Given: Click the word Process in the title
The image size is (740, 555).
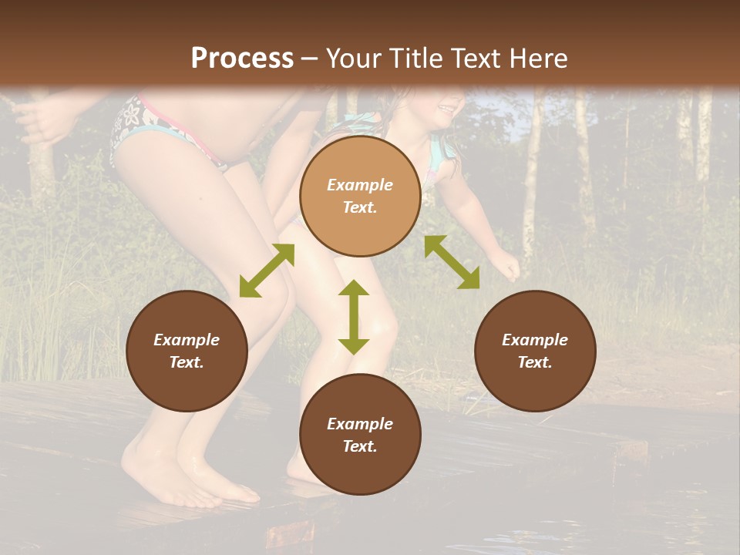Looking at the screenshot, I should pyautogui.click(x=242, y=59).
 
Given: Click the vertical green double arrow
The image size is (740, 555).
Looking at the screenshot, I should pyautogui.click(x=354, y=317).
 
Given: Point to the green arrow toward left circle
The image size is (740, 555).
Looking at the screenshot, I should pyautogui.click(x=267, y=271).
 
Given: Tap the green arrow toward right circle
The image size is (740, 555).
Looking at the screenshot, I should pyautogui.click(x=452, y=262).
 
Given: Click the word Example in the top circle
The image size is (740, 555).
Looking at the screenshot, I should pyautogui.click(x=360, y=185).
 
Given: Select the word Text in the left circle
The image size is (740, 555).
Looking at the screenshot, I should pyautogui.click(x=187, y=362).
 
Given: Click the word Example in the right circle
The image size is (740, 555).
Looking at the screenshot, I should pyautogui.click(x=535, y=340).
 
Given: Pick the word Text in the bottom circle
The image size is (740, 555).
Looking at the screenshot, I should pyautogui.click(x=360, y=446).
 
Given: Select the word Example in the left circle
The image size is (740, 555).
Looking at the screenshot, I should pyautogui.click(x=187, y=340).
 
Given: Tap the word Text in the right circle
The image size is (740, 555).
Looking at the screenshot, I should pyautogui.click(x=535, y=362).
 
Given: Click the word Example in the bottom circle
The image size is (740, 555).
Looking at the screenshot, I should pyautogui.click(x=360, y=424).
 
